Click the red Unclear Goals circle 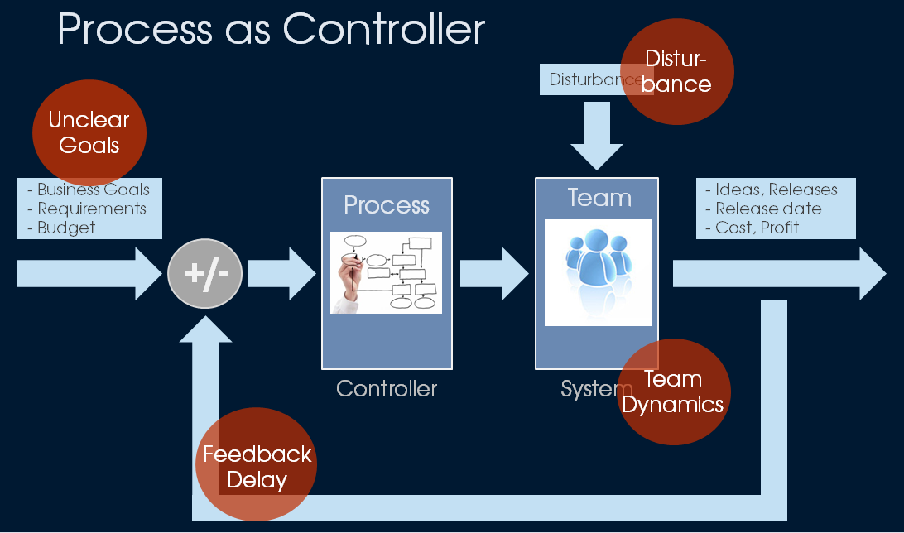click(89, 132)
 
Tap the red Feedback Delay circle click(256, 467)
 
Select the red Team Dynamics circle click(675, 391)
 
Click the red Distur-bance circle click(677, 71)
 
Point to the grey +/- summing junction click(205, 273)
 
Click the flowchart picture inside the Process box click(387, 272)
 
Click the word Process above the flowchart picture click(387, 204)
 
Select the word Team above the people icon click(599, 198)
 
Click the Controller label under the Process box click(387, 388)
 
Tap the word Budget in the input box click(66, 228)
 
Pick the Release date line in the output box click(768, 209)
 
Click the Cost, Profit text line click(757, 227)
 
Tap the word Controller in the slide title click(383, 30)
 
